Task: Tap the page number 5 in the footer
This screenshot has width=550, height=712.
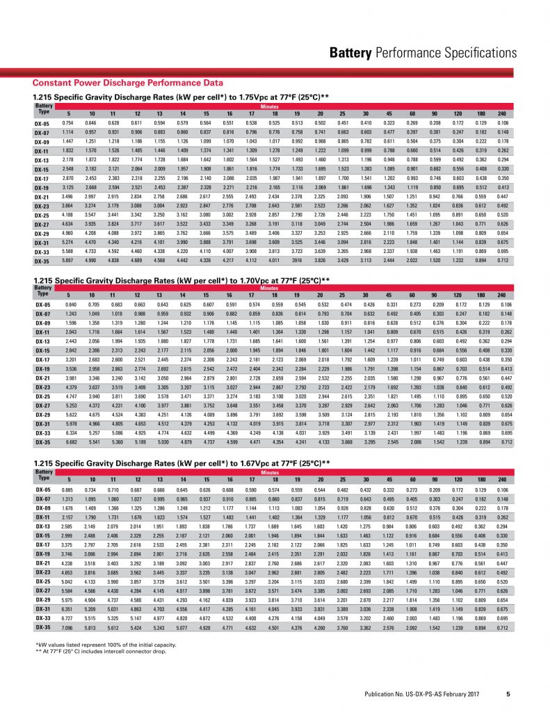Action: click(x=508, y=693)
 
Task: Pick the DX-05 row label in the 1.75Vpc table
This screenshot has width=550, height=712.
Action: click(x=42, y=122)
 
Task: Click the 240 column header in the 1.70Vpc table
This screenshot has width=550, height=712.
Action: click(x=501, y=296)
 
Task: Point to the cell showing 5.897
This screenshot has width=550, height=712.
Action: click(x=68, y=260)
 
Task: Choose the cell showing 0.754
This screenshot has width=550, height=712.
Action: click(x=68, y=122)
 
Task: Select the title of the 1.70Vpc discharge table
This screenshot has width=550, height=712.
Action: click(x=181, y=280)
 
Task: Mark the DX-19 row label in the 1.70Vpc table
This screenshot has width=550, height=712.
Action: click(x=42, y=369)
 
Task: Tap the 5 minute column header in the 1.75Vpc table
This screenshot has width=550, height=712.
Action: click(x=68, y=113)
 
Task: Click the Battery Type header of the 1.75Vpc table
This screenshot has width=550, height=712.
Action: click(x=43, y=108)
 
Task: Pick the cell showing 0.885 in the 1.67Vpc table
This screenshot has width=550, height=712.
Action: click(x=68, y=489)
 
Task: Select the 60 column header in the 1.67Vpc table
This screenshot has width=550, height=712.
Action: click(x=412, y=479)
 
